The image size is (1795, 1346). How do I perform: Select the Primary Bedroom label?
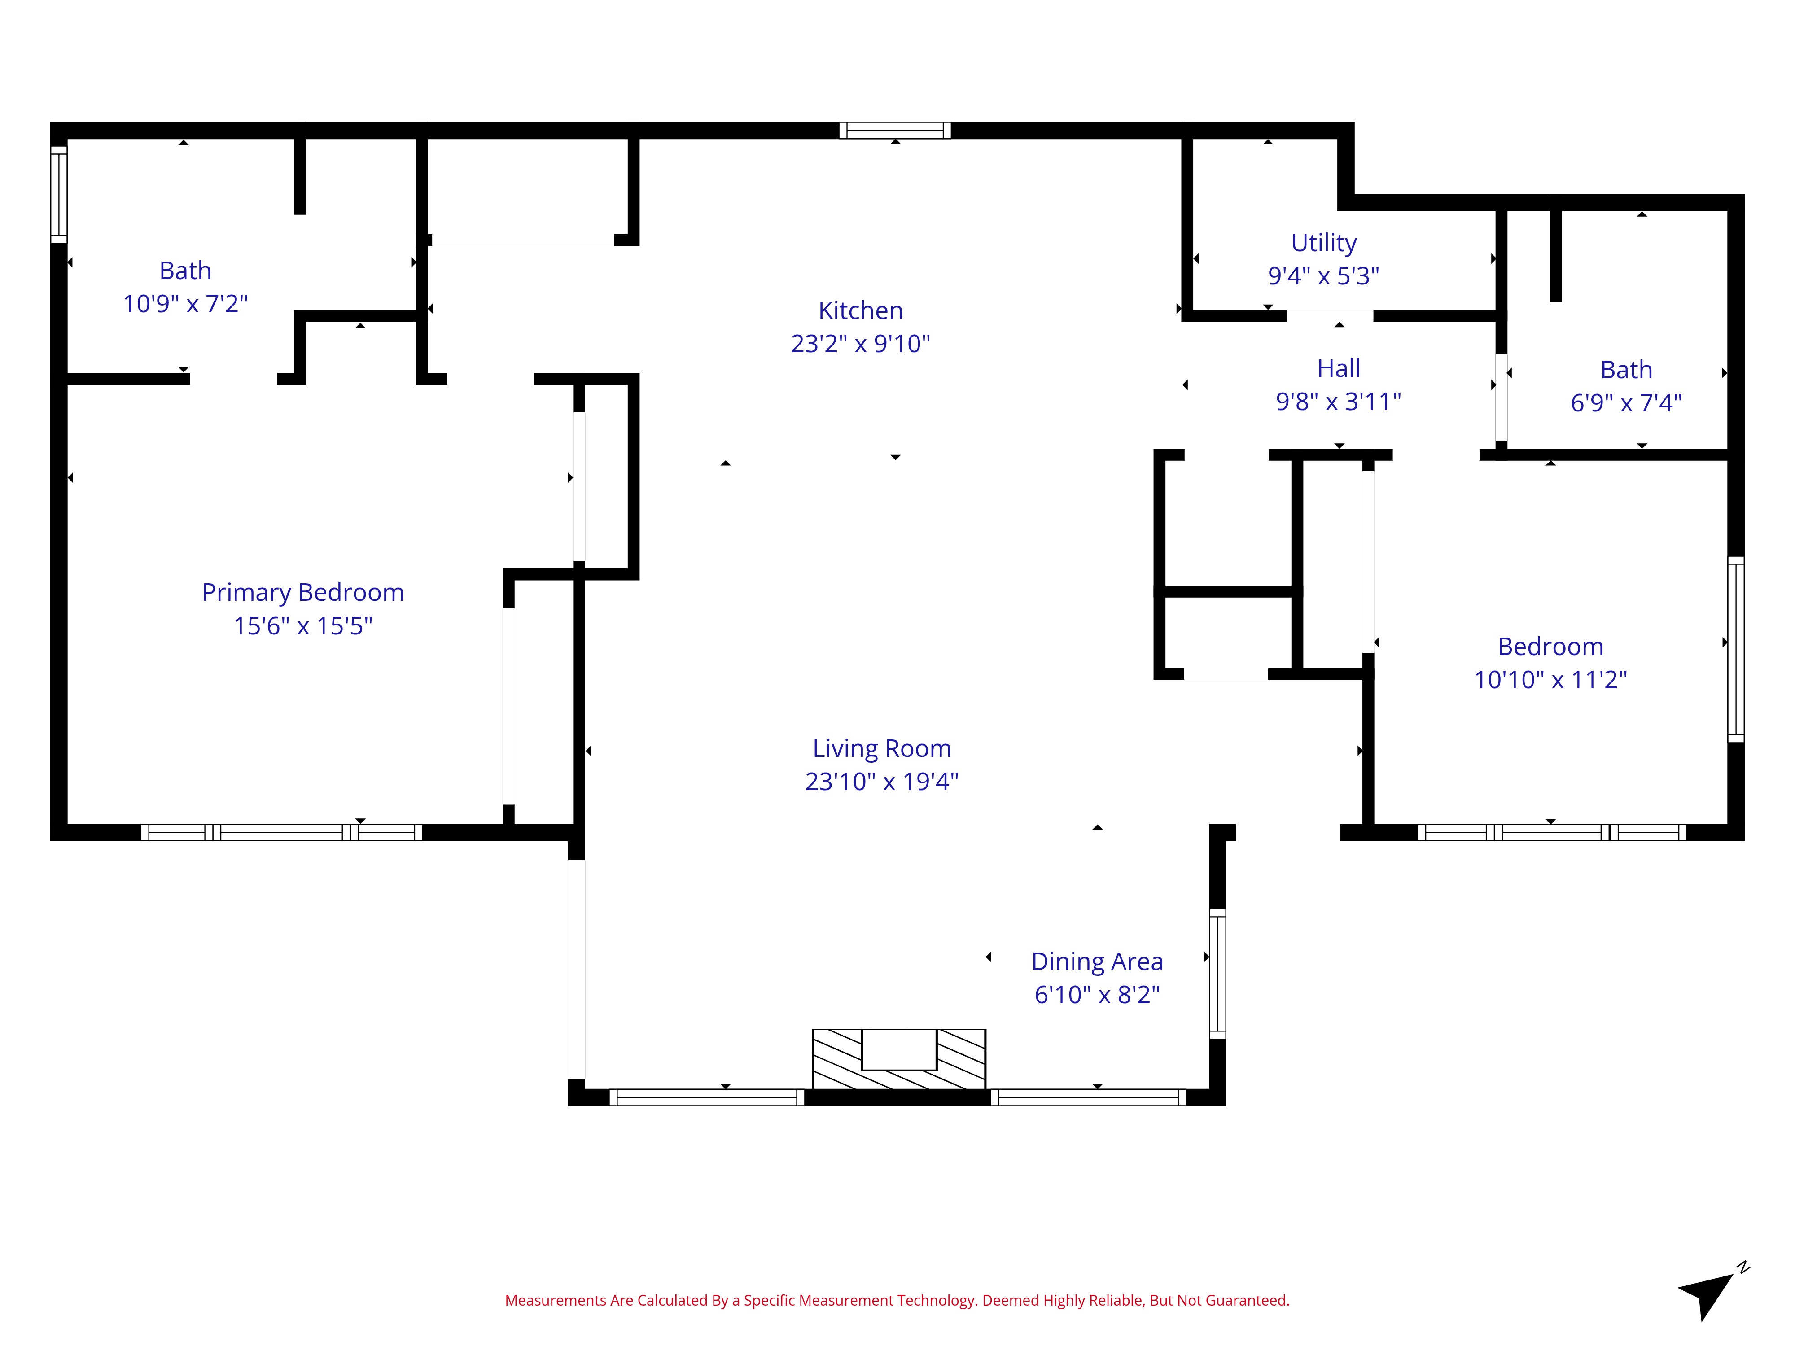(303, 593)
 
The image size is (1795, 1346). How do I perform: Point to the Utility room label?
(1323, 243)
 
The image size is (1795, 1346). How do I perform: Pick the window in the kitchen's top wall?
(895, 131)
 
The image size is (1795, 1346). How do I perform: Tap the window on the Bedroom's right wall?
(1736, 649)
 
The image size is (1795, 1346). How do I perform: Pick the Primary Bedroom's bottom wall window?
(281, 832)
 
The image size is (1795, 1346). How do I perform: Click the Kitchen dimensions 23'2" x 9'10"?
(860, 344)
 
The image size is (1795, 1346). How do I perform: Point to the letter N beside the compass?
(1743, 1267)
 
